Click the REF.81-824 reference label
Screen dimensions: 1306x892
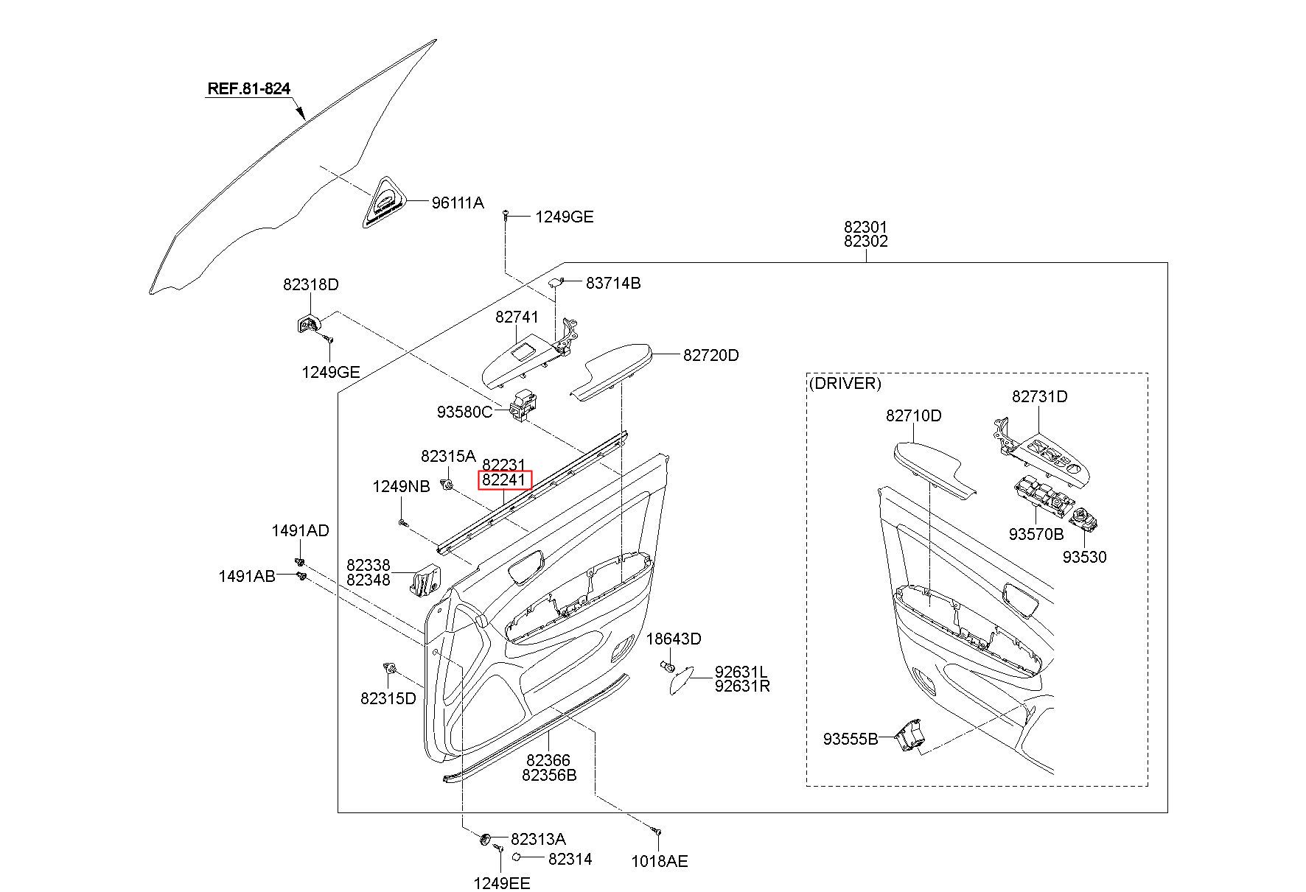pyautogui.click(x=249, y=89)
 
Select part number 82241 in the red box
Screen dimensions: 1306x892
pyautogui.click(x=504, y=480)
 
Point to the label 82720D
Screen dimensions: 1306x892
pyautogui.click(x=710, y=355)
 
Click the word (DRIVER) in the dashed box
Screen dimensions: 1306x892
pyautogui.click(x=845, y=383)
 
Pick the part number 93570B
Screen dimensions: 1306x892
pyautogui.click(x=1036, y=534)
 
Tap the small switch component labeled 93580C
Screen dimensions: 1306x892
pyautogui.click(x=524, y=406)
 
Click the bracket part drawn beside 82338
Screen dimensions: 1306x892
pyautogui.click(x=424, y=579)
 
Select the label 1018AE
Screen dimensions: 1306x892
pyautogui.click(x=660, y=861)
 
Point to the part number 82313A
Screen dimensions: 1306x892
pyautogui.click(x=538, y=839)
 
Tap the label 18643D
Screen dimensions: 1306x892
pyautogui.click(x=674, y=639)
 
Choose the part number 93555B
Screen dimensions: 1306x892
pyautogui.click(x=851, y=739)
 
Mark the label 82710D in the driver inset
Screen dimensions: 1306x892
pyautogui.click(x=914, y=415)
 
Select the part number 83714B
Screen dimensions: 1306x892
pyautogui.click(x=613, y=283)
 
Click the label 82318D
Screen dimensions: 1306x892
pyautogui.click(x=311, y=284)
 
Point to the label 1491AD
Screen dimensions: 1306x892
pyautogui.click(x=300, y=530)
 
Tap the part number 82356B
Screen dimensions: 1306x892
pyautogui.click(x=549, y=775)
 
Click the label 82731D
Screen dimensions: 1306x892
pyautogui.click(x=1040, y=396)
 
